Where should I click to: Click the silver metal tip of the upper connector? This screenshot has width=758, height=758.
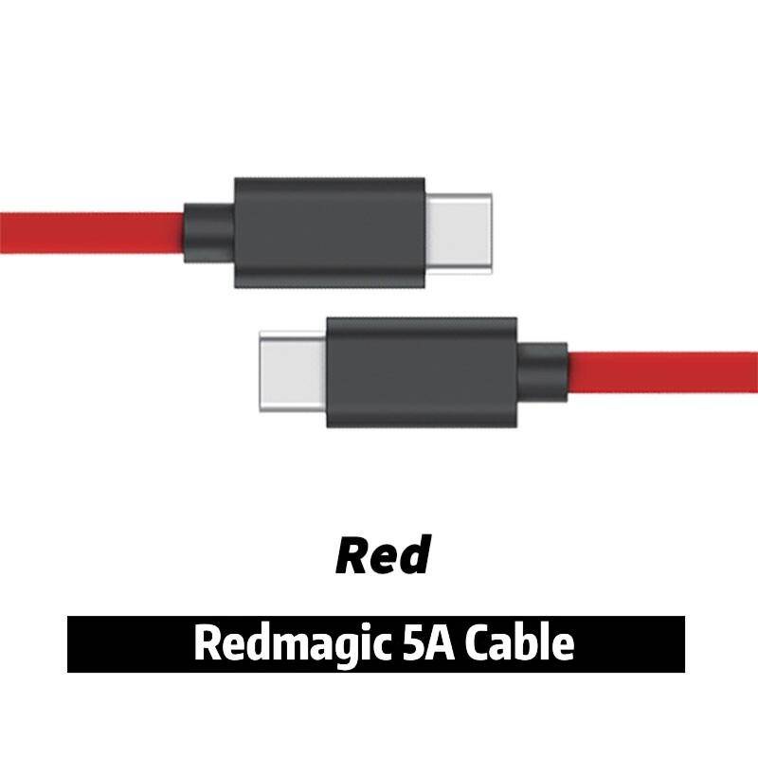tap(459, 233)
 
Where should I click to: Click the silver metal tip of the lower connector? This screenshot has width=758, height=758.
tap(293, 371)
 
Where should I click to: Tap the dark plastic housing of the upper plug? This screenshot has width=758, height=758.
tap(330, 232)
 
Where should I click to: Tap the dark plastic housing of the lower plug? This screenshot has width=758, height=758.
tap(422, 372)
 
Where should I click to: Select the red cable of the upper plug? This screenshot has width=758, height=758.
tap(92, 233)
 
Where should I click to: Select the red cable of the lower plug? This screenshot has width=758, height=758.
tap(662, 372)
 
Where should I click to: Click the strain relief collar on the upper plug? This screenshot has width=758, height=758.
tap(209, 233)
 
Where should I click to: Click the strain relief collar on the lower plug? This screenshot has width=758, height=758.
tap(542, 372)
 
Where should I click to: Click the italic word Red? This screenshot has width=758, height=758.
tap(383, 555)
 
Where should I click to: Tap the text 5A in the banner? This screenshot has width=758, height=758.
tap(428, 643)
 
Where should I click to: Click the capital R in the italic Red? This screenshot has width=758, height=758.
tap(352, 555)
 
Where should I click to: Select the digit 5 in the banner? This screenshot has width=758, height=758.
tap(412, 643)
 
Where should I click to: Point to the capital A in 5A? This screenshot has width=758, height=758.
tap(440, 643)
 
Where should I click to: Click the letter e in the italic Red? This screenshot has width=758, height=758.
tap(384, 561)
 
